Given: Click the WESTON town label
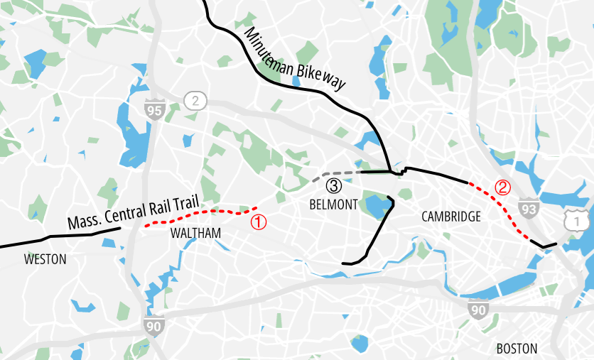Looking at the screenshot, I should click(x=45, y=260).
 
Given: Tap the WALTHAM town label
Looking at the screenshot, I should click(x=195, y=234).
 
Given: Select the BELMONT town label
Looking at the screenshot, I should click(x=333, y=204).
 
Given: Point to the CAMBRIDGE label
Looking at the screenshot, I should click(x=450, y=217).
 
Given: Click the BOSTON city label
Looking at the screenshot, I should click(x=517, y=349).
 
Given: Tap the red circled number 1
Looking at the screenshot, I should click(x=259, y=222).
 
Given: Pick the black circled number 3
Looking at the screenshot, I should click(x=333, y=187).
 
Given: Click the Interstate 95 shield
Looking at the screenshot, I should click(x=153, y=109).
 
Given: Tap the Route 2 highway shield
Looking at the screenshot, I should click(x=195, y=100).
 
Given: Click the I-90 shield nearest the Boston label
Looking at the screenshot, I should click(x=478, y=309).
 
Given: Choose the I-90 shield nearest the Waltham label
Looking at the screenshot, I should click(x=153, y=327).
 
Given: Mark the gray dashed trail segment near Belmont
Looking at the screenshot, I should click(x=334, y=173).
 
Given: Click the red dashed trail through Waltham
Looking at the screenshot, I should click(x=199, y=212).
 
